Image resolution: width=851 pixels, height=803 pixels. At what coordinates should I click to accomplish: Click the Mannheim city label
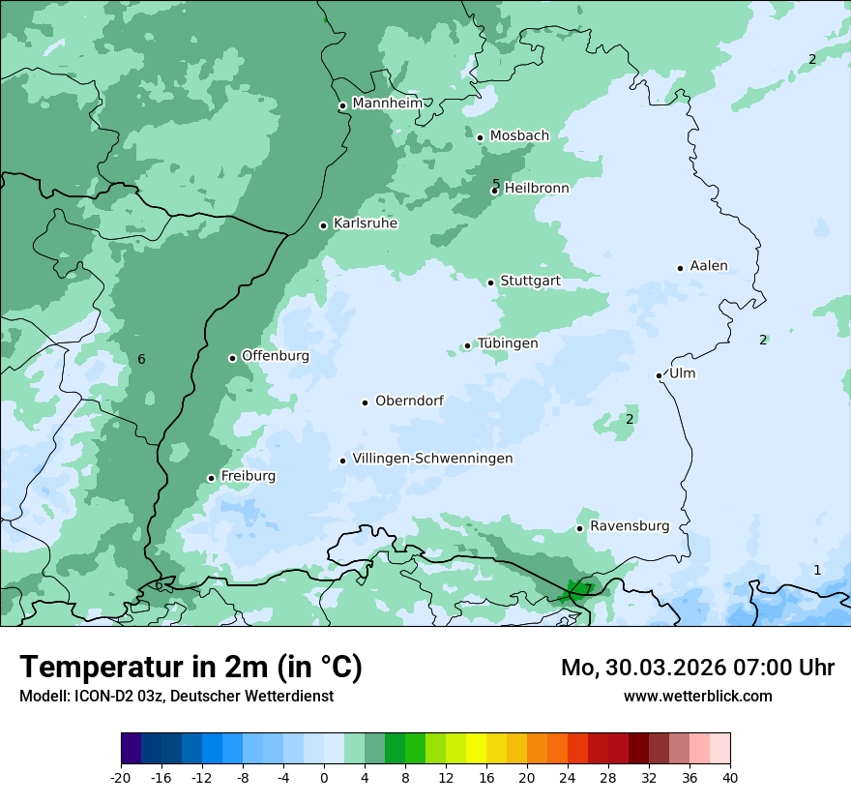coord(387,104)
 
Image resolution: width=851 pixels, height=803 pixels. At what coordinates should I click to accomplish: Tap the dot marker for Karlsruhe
coord(324,225)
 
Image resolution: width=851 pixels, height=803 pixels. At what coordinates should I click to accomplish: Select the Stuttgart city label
coord(530,281)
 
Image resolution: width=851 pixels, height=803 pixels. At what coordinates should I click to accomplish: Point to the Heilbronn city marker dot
coord(494,191)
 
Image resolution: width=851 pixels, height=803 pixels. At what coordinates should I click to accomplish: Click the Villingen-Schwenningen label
coord(432,459)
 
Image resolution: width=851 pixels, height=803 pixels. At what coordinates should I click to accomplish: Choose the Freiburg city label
coord(248,476)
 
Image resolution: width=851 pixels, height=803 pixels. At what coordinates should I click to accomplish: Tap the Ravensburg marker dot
coord(580,528)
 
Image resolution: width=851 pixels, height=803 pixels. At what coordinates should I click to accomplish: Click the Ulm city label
coord(682,373)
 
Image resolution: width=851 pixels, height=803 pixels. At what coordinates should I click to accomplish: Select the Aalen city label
coord(708,266)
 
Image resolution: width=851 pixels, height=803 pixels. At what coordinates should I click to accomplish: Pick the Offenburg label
coord(275,356)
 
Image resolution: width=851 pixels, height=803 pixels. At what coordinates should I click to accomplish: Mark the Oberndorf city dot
coord(366,402)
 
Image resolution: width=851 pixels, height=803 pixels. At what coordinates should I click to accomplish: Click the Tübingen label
coord(508,343)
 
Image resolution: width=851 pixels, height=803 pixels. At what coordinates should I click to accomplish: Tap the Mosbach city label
coord(519,136)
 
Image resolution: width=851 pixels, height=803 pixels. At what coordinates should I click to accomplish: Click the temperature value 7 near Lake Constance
coord(588,589)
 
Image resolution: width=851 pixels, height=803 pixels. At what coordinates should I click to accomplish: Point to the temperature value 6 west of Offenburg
coord(141,360)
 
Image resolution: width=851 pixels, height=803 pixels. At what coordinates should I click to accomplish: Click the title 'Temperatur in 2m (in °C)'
coord(191,668)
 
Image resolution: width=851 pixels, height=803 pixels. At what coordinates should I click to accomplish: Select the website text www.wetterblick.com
coord(697,697)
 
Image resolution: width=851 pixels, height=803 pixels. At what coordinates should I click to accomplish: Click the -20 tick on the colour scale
coord(121,778)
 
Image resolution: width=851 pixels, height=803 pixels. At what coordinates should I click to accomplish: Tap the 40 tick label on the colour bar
coord(729,778)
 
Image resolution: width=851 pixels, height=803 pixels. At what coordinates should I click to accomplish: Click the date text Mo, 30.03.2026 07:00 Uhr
coord(697,668)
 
